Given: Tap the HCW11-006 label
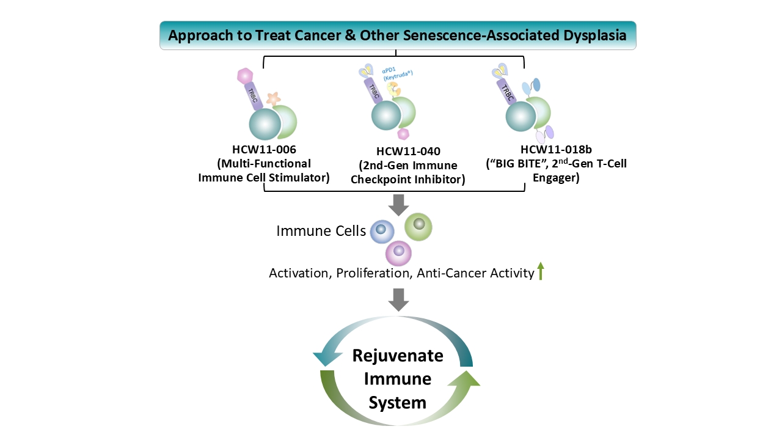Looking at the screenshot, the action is tap(264, 150).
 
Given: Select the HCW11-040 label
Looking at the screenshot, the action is tap(408, 151).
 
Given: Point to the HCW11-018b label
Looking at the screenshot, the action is tap(556, 150).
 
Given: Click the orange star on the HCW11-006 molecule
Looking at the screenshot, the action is tap(273, 99).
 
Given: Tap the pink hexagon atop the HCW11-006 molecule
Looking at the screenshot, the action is tap(245, 76).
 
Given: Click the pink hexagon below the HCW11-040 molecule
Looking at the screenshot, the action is tap(404, 134).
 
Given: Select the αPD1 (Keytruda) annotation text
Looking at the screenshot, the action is tap(397, 74).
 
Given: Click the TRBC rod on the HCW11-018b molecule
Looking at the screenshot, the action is tap(507, 92).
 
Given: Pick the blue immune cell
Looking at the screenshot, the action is tap(382, 231).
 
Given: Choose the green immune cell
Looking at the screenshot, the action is tap(418, 227).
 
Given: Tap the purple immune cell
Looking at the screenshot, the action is tap(398, 253).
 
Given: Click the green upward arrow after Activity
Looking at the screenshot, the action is tap(541, 271).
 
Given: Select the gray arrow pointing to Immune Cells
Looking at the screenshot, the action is tap(399, 205).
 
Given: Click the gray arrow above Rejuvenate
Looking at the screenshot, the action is tap(399, 299).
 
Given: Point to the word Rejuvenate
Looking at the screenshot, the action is tap(398, 356).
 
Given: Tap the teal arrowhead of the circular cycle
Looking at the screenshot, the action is tap(327, 359).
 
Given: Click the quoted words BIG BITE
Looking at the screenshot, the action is tap(519, 163).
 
